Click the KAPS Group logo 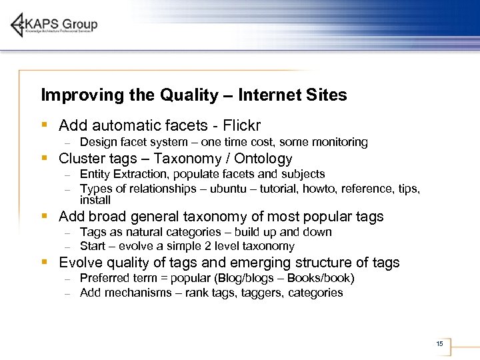(x=55, y=25)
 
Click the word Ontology (x=263, y=159)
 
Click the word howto (x=319, y=189)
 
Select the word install (x=95, y=200)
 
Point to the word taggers (x=259, y=293)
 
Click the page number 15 (x=439, y=343)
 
